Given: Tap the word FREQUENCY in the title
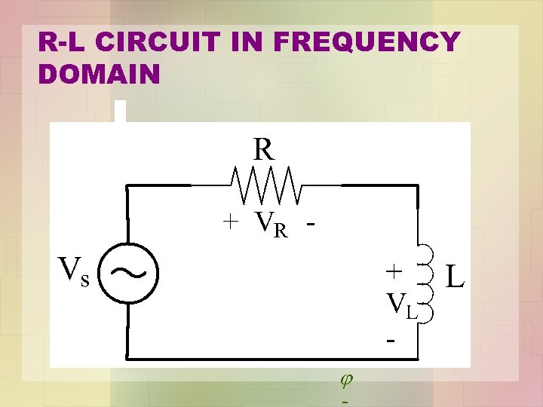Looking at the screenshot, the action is tap(367, 42).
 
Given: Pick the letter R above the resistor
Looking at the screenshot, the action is tap(263, 149).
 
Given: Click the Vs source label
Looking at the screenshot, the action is tap(74, 271).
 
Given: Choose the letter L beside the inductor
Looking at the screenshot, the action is tap(456, 275).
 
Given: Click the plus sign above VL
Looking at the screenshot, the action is tap(393, 270).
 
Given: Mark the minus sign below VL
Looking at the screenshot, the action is tap(391, 341).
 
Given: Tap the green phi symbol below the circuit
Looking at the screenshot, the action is tap(346, 382).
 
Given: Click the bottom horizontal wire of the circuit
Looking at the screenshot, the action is tap(271, 357).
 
